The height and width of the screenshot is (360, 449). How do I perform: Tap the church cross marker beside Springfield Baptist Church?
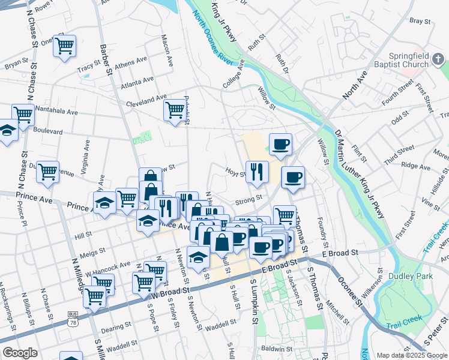click(x=438, y=59)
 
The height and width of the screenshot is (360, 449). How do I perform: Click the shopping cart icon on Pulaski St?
click(x=175, y=110)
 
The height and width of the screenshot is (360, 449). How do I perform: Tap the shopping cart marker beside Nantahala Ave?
click(x=23, y=113)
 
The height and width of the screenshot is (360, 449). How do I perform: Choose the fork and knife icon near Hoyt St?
click(x=256, y=172)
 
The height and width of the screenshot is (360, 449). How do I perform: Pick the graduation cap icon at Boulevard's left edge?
click(x=7, y=130)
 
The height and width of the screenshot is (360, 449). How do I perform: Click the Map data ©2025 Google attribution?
click(x=411, y=355)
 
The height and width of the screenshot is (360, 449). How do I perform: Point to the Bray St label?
click(x=420, y=21)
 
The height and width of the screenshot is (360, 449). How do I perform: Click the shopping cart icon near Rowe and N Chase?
click(x=64, y=46)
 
